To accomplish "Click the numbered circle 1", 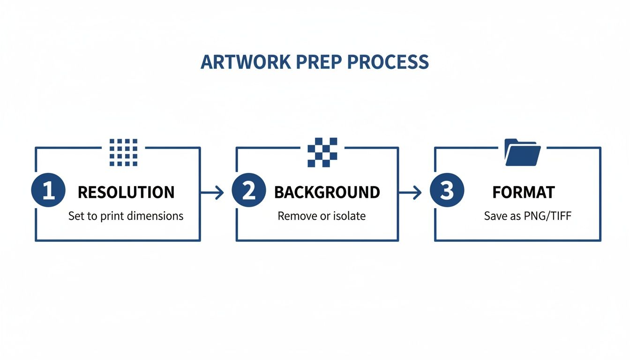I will pyautogui.click(x=48, y=192).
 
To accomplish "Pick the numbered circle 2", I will pyautogui.click(x=249, y=192).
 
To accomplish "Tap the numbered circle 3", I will pyautogui.click(x=447, y=192).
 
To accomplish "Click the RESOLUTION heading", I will pyautogui.click(x=126, y=192).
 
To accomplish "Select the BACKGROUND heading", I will pyautogui.click(x=327, y=192).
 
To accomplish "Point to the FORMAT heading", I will pyautogui.click(x=524, y=192).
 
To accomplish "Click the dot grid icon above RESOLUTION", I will pyautogui.click(x=123, y=152).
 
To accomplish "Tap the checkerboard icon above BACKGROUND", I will pyautogui.click(x=322, y=152).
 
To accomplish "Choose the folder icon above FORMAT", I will pyautogui.click(x=523, y=152).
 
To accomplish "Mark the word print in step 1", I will pyautogui.click(x=112, y=216).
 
